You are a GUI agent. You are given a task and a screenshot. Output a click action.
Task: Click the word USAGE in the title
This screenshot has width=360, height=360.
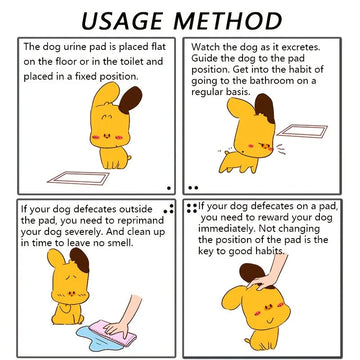pyautogui.click(x=123, y=21)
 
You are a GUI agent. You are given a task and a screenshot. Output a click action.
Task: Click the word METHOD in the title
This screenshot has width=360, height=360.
pyautogui.click(x=228, y=21)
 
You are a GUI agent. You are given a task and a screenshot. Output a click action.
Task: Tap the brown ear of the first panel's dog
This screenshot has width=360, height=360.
pyautogui.click(x=130, y=100)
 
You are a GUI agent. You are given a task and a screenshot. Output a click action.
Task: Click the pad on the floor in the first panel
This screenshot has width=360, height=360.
pyautogui.click(x=79, y=178)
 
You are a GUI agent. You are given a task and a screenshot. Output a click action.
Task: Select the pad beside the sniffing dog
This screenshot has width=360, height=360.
pyautogui.click(x=303, y=131)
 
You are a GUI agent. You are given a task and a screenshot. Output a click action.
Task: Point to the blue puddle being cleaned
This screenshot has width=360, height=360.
pyautogui.click(x=100, y=337)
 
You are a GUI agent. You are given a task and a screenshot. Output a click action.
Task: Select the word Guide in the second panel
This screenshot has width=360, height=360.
pyautogui.click(x=202, y=58)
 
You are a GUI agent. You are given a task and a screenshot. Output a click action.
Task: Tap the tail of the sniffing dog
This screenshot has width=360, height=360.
pyautogui.click(x=226, y=152)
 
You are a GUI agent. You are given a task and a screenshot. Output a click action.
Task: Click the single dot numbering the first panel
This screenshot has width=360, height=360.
pyautogui.click(x=169, y=188)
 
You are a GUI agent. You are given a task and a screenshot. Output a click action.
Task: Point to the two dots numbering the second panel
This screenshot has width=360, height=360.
pyautogui.click(x=193, y=188)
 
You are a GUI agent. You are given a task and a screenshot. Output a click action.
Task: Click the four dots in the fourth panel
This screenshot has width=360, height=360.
pyautogui.click(x=192, y=208)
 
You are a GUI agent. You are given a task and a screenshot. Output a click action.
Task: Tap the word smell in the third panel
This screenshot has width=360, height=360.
pyautogui.click(x=121, y=243)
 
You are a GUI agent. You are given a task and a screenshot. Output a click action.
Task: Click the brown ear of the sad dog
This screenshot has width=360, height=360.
pyautogui.click(x=80, y=260)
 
